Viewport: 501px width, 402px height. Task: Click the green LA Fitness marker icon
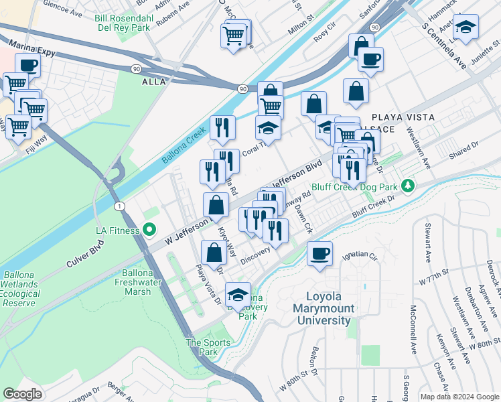150,230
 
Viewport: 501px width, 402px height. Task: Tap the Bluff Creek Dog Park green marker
407,185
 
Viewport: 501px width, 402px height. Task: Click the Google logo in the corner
22,394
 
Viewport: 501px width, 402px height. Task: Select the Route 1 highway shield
119,205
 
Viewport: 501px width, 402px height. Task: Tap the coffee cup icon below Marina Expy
27,65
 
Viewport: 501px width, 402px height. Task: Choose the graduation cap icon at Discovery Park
238,294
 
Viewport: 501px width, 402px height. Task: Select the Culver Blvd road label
87,256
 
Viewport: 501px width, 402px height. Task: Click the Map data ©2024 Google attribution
459,397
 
